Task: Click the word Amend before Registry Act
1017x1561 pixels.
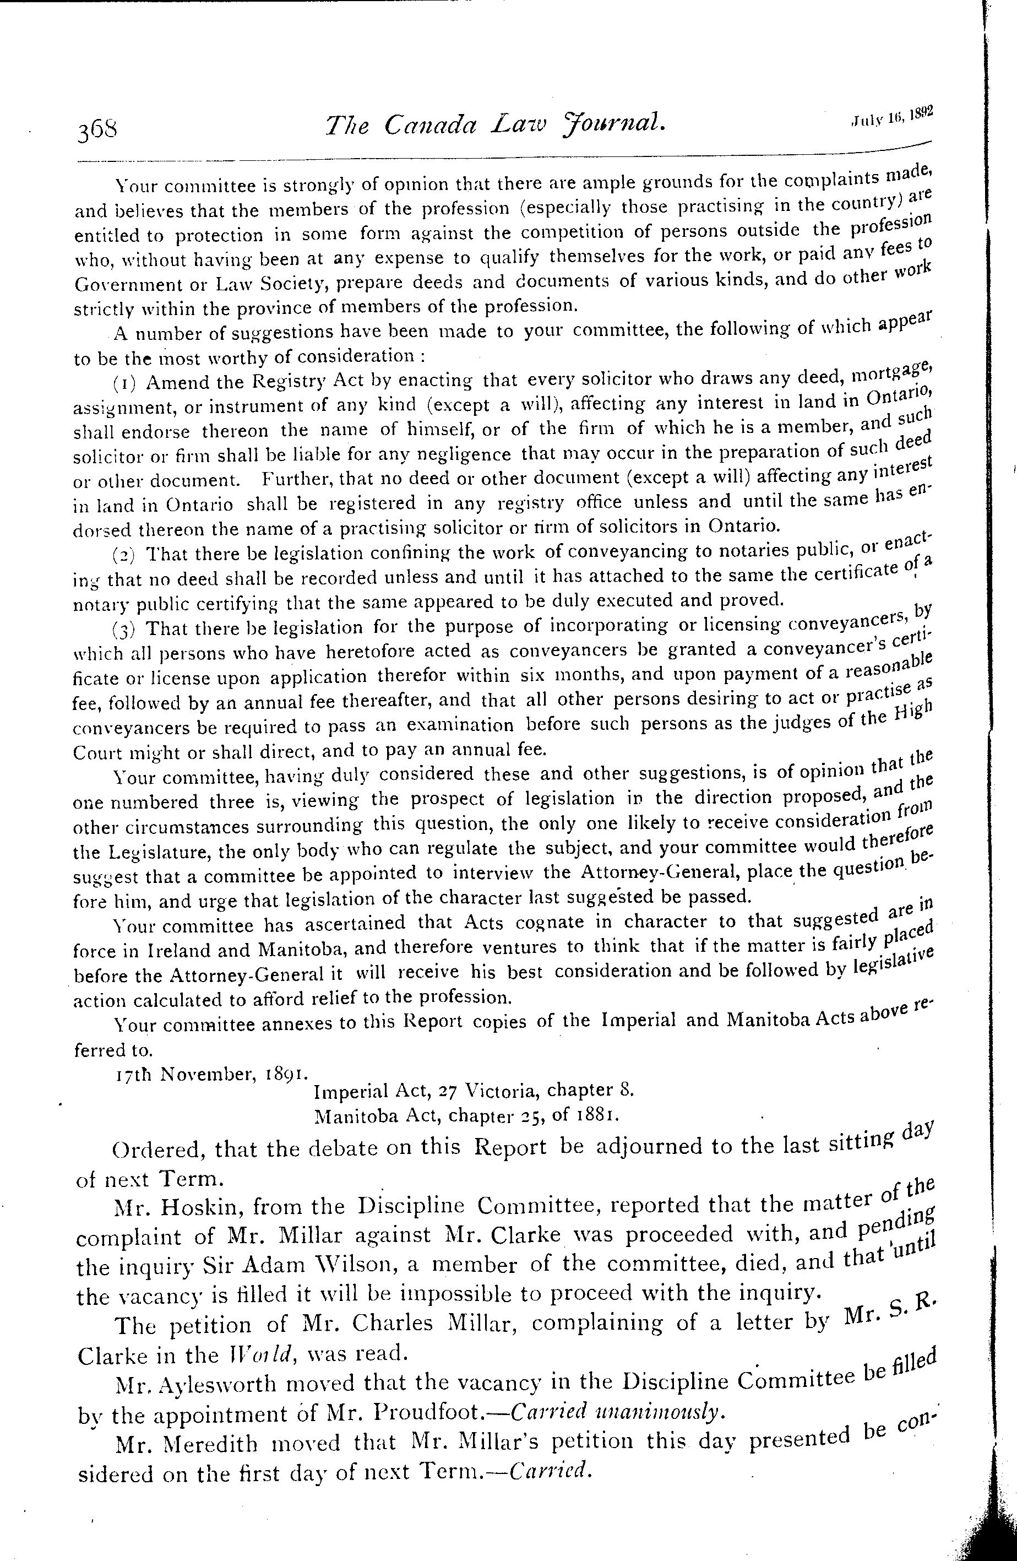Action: (176, 382)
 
